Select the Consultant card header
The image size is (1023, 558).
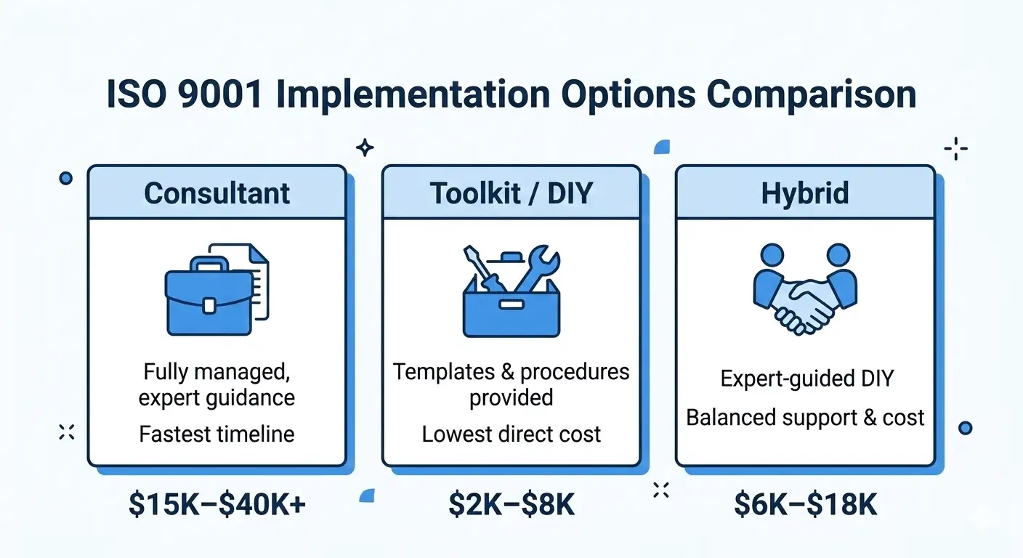(217, 193)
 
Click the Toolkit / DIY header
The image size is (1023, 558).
(511, 193)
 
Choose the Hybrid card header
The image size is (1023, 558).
(805, 193)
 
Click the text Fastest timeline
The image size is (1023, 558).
(217, 434)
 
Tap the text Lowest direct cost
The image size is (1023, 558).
(511, 434)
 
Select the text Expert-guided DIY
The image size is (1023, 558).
(805, 379)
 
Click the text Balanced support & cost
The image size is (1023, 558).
(805, 418)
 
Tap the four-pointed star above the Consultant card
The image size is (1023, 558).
(365, 148)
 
